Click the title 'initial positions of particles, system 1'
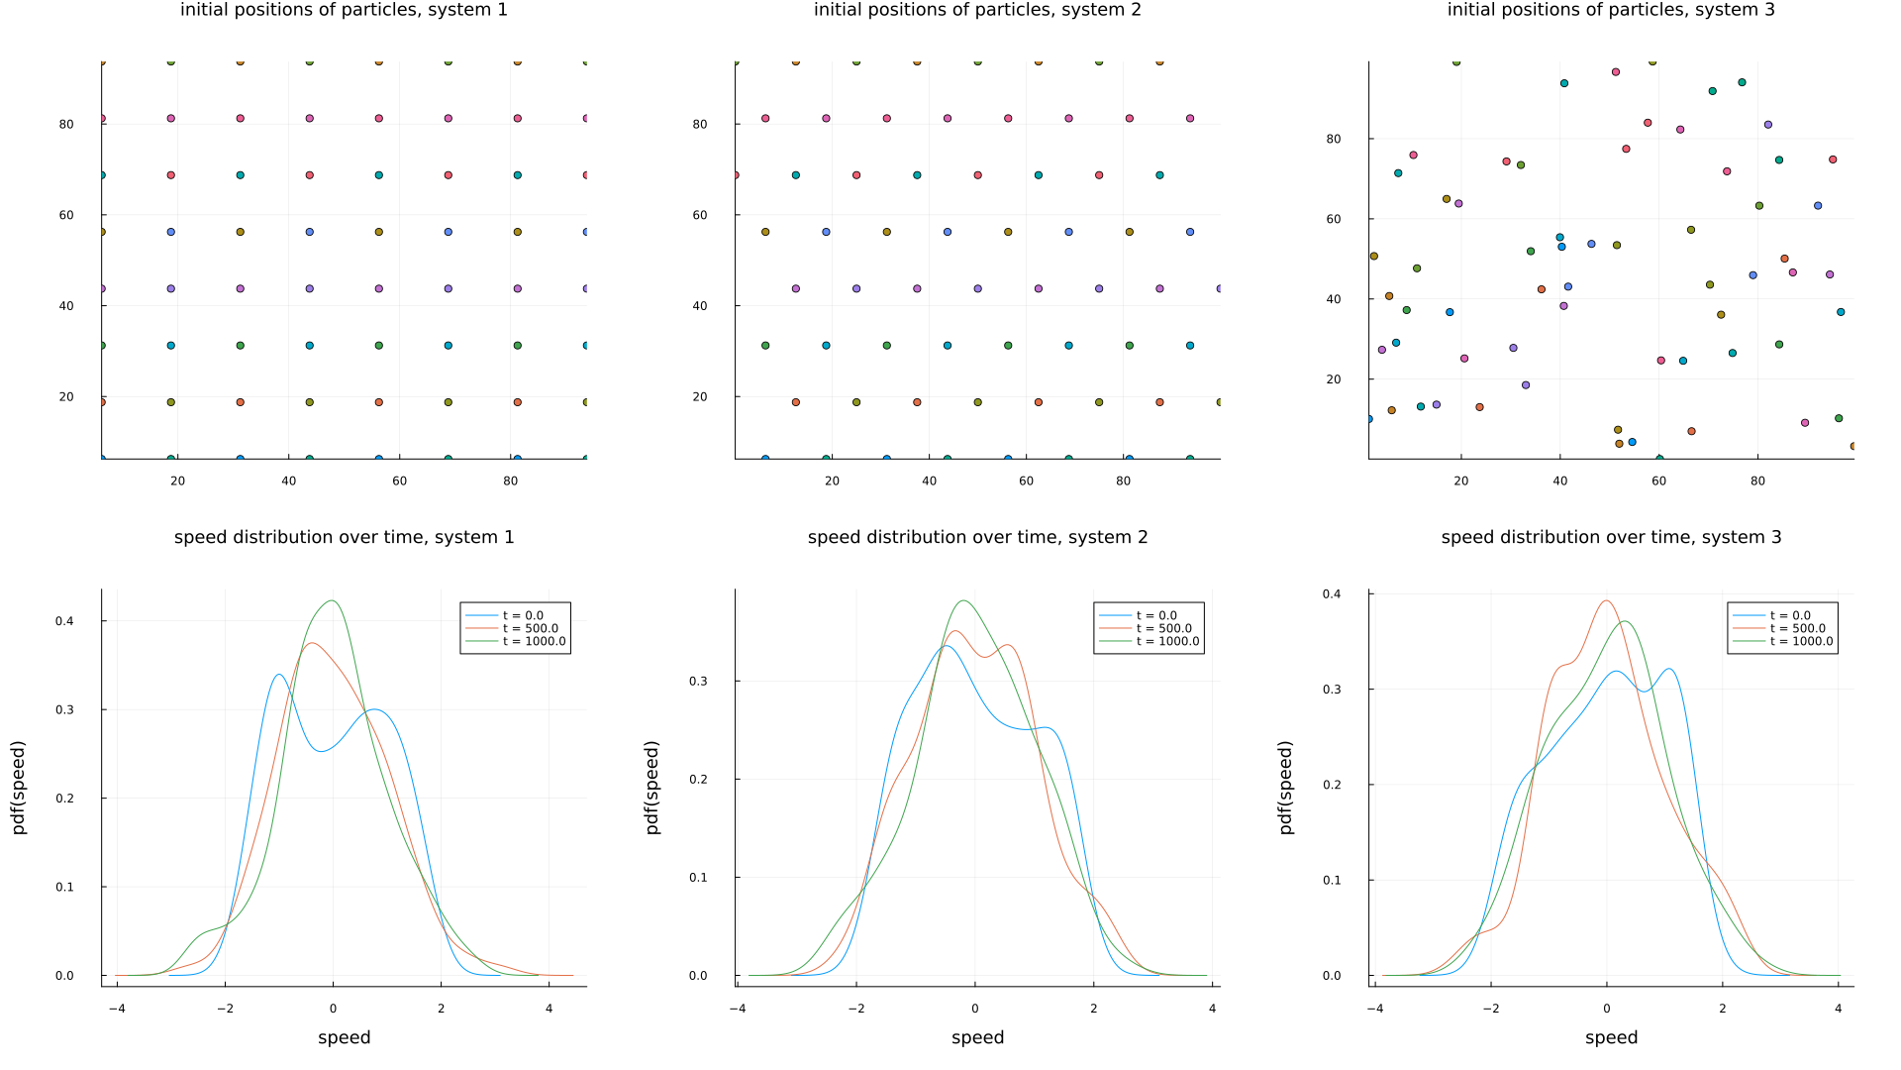(x=344, y=10)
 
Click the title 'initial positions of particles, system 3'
(x=1611, y=10)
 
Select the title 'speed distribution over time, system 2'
(x=977, y=537)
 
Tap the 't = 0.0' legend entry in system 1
(x=523, y=615)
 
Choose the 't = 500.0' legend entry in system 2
(x=1163, y=628)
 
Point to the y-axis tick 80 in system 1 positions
(x=66, y=124)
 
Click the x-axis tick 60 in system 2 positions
(x=1026, y=481)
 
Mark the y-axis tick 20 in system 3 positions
(x=1334, y=379)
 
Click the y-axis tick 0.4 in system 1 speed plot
(x=64, y=621)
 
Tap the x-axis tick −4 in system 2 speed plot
(x=738, y=1009)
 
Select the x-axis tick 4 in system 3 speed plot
(x=1838, y=1009)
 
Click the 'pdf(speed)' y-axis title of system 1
(x=19, y=788)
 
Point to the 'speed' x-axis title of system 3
(x=1611, y=1037)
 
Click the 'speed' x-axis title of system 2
(x=977, y=1037)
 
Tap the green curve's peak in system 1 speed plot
(x=333, y=600)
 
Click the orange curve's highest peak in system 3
(x=1606, y=600)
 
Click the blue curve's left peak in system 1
(x=278, y=675)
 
